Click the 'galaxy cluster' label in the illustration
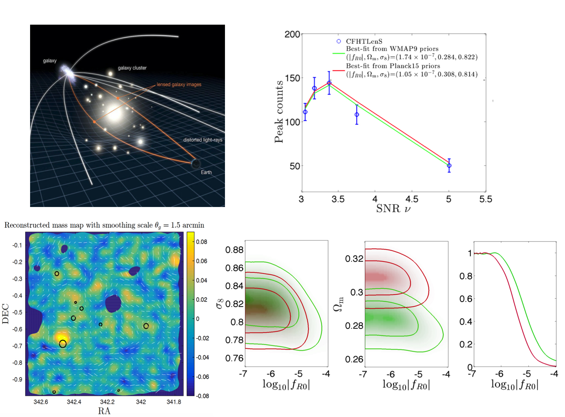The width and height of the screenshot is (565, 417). tap(132, 68)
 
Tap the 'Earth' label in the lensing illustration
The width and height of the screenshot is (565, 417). tap(206, 172)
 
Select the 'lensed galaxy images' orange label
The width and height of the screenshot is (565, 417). tap(179, 85)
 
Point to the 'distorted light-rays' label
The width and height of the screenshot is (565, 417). tap(203, 140)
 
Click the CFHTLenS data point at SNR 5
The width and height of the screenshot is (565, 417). tap(449, 166)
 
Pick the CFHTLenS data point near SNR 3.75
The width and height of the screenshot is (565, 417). tap(357, 115)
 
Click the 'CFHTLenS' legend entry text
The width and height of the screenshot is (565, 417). tap(364, 41)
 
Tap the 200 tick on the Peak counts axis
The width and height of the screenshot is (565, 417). tap(292, 35)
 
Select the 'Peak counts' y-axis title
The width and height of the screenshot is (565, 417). tap(279, 112)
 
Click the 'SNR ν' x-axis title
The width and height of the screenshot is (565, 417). tap(393, 208)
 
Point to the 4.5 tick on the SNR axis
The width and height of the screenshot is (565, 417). tap(412, 199)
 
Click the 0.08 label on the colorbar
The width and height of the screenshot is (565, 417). tap(202, 242)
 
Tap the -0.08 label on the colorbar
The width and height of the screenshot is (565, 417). tap(202, 396)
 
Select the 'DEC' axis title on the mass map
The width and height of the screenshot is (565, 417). tap(6, 314)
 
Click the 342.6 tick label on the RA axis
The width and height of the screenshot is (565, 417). tap(41, 402)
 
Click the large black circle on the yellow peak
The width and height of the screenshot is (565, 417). tap(63, 344)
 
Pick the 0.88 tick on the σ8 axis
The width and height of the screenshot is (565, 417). tap(234, 250)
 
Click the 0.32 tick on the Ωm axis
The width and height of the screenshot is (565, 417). tap(354, 259)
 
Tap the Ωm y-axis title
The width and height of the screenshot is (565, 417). tap(339, 304)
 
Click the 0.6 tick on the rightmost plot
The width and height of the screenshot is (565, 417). tap(466, 299)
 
